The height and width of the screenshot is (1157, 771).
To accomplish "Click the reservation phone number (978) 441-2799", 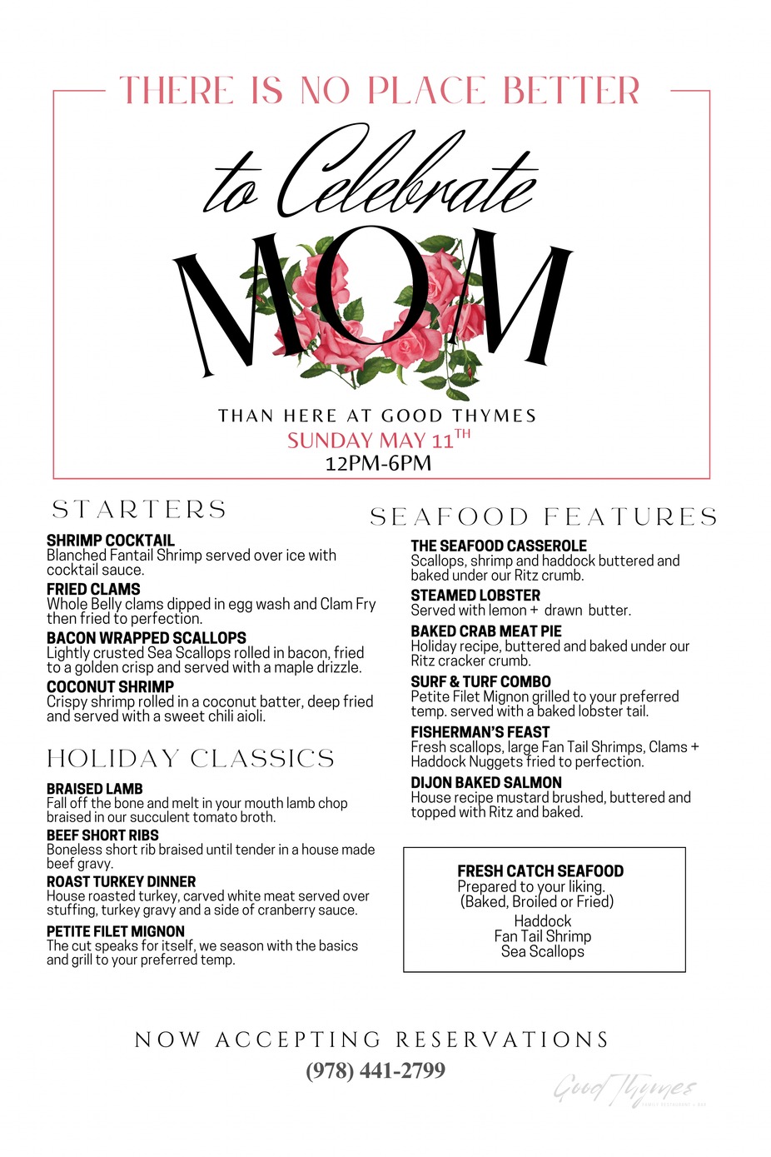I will coord(376,1070).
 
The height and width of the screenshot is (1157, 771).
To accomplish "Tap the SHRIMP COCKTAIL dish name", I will coord(111,541).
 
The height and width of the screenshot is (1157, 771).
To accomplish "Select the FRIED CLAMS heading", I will coord(93,590).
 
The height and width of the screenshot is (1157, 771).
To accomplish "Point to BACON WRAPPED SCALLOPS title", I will coord(147,638).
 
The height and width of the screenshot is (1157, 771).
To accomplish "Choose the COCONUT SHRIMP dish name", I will coord(111,687).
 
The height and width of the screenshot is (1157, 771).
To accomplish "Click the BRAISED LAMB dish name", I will coord(95,789).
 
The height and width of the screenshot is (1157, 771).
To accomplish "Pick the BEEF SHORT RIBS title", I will coord(102,835).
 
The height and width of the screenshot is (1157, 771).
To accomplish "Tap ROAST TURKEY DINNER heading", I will coord(122,882).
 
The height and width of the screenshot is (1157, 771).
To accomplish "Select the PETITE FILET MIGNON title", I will coord(116,932).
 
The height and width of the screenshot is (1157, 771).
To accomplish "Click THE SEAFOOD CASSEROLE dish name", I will coord(499,546).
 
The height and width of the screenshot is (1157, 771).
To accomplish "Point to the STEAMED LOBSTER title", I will coord(475,596).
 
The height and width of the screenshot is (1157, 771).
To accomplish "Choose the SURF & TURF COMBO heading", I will coord(480,682).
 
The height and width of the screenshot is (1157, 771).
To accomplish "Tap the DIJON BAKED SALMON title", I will coord(486,783).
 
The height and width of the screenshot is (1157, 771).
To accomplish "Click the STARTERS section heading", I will coord(139,510).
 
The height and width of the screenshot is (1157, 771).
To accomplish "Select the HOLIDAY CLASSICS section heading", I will coord(191,759).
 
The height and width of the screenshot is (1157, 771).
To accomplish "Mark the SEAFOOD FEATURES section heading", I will coord(544,517).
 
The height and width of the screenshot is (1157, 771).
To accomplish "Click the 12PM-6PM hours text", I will coord(378,464).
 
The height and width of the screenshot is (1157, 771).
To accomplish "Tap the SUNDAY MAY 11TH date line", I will coord(379,440).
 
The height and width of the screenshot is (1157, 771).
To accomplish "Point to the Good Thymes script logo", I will coord(624,1089).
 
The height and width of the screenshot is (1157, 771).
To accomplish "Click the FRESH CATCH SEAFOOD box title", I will coord(540,871).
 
